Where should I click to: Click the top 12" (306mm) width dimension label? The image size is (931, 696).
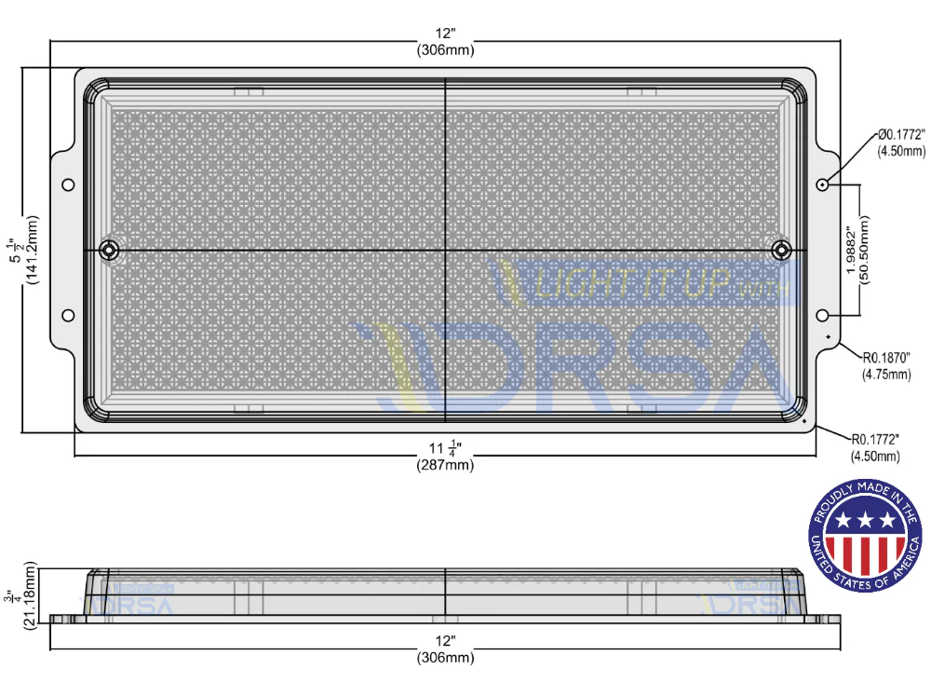click(x=445, y=42)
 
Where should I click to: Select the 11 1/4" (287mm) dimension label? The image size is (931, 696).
click(x=445, y=457)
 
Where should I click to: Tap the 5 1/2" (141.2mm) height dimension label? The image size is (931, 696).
click(x=23, y=251)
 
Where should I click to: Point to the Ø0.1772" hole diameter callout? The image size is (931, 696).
click(x=901, y=143)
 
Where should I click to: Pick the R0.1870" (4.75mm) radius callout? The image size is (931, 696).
click(x=886, y=365)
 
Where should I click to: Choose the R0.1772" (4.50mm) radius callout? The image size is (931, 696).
click(x=875, y=447)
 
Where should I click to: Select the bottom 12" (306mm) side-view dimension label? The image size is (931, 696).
click(x=445, y=649)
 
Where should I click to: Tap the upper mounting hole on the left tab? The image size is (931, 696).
click(x=68, y=184)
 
